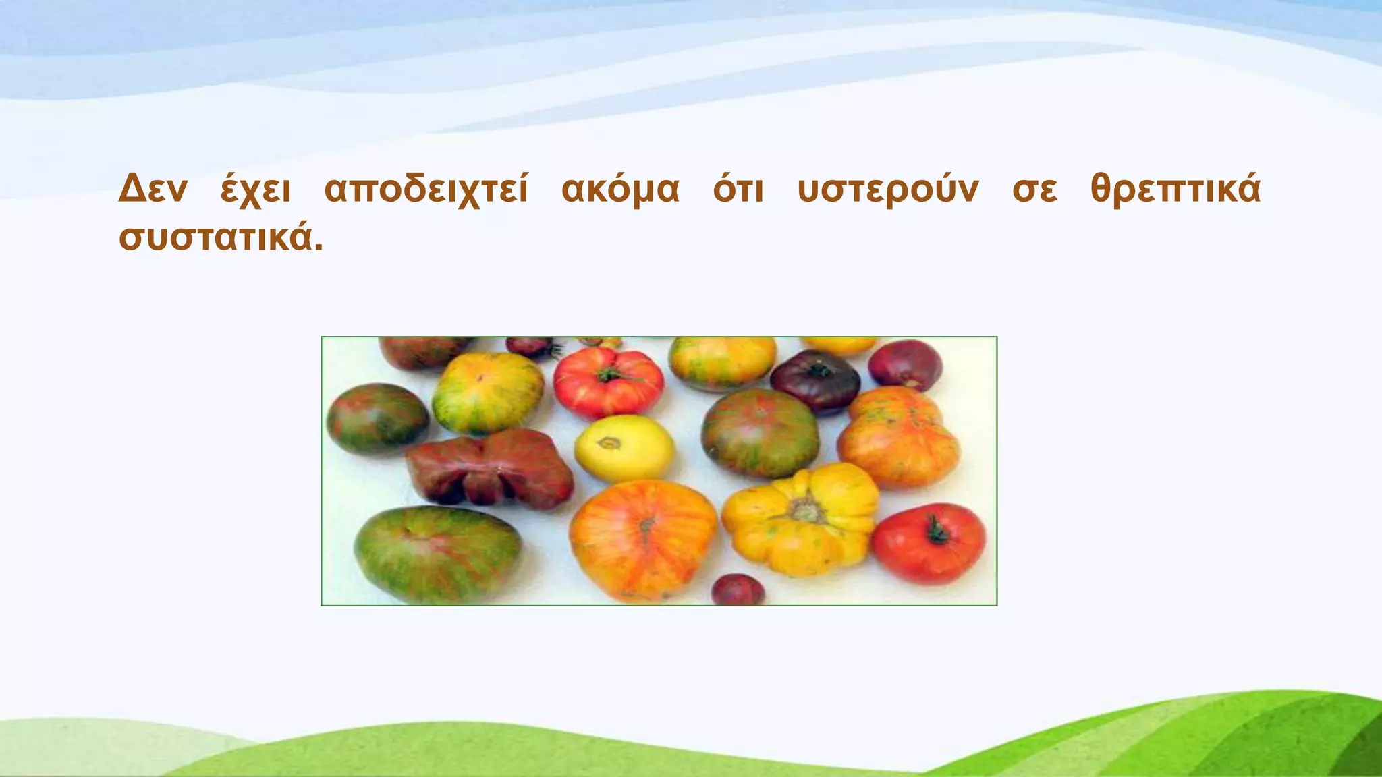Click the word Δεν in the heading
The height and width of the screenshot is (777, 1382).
152,190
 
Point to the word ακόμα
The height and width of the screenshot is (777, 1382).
620,190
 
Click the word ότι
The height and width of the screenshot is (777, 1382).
738,190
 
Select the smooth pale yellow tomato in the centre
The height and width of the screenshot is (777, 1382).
624,448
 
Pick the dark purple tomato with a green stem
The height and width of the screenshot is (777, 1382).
815,382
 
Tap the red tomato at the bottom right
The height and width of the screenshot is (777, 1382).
929,544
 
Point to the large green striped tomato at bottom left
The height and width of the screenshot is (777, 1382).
437,554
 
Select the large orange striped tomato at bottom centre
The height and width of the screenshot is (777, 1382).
642,540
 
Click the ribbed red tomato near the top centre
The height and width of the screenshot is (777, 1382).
608,382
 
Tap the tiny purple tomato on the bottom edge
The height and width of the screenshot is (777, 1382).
738,591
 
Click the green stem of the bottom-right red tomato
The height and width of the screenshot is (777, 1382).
937,531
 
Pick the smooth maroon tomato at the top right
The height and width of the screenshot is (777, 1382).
905,365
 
